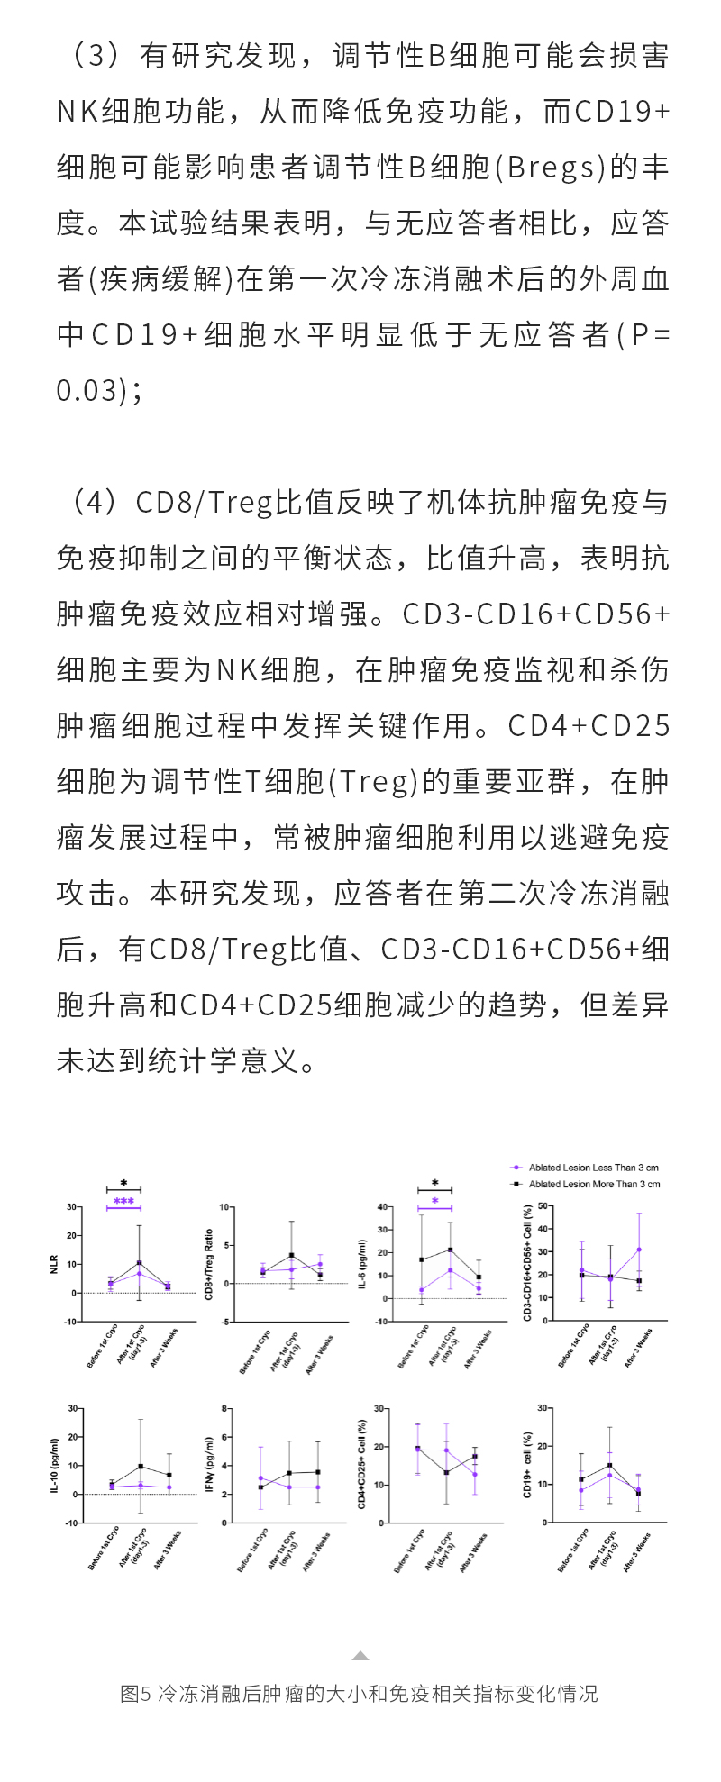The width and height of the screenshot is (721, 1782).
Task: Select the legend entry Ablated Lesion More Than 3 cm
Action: point(594,1184)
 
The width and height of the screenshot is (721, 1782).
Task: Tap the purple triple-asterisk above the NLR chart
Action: point(123,1202)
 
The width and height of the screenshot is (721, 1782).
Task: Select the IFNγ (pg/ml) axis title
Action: point(209,1464)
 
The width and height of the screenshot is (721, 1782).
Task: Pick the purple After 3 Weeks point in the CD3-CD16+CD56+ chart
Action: point(639,1250)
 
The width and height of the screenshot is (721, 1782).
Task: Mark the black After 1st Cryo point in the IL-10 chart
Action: point(141,1466)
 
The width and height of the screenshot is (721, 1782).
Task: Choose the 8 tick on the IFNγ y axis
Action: point(230,1408)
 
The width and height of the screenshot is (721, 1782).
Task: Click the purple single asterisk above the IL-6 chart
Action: point(434,1201)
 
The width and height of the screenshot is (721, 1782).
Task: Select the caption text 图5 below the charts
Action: point(135,1694)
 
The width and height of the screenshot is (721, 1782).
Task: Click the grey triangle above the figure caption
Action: point(360,1656)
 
